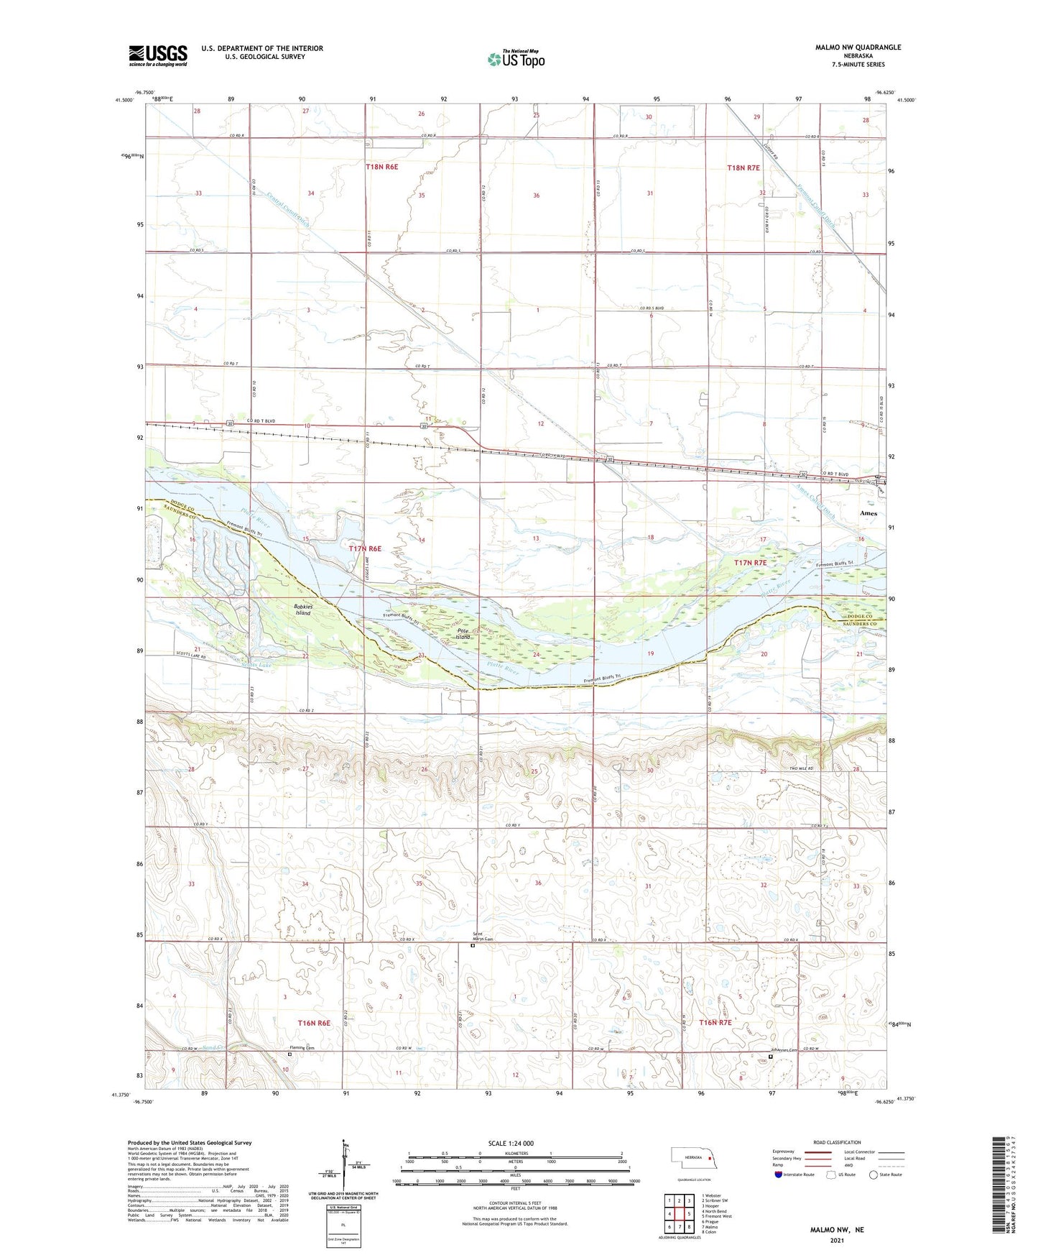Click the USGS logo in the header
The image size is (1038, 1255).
click(158, 55)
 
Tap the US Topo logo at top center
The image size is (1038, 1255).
click(516, 59)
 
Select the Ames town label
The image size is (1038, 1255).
click(868, 513)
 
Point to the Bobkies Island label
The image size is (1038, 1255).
click(302, 610)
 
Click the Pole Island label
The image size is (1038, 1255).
click(463, 634)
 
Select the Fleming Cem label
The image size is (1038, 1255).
click(303, 1047)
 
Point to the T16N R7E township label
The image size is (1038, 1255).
click(705, 1022)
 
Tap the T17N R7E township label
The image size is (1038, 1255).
click(755, 563)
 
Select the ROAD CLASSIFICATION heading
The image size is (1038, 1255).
click(837, 1141)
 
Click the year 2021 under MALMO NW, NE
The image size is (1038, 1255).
click(836, 1239)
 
